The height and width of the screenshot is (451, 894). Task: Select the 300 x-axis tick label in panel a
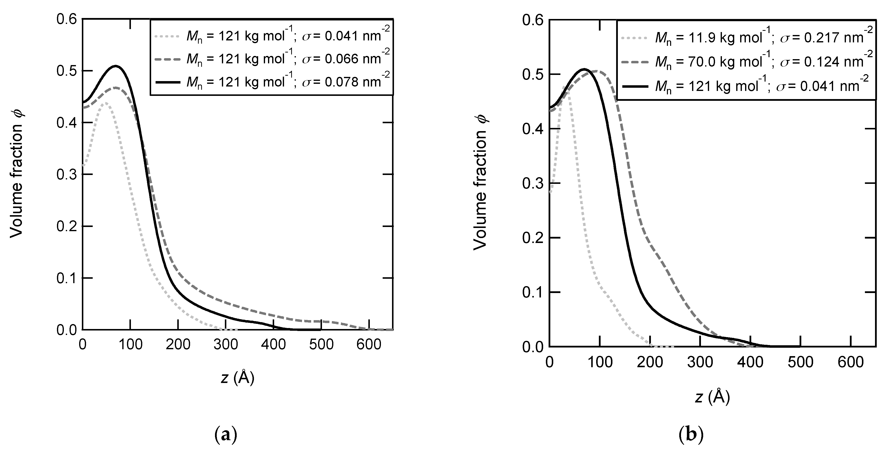pos(226,345)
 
